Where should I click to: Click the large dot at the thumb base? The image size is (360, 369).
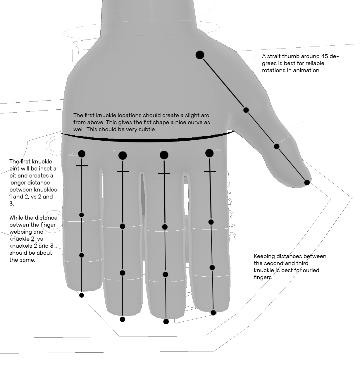[200, 55]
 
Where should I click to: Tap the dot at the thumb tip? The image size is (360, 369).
[307, 182]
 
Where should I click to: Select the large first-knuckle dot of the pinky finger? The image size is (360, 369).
[82, 154]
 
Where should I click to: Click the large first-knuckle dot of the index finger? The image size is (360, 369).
[209, 153]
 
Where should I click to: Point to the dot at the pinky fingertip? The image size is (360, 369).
[82, 295]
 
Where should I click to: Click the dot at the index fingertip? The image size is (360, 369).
[213, 313]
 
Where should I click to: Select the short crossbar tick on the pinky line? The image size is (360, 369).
[82, 166]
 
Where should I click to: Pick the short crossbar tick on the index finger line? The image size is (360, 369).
[210, 171]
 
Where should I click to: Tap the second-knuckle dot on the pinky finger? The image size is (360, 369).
[82, 215]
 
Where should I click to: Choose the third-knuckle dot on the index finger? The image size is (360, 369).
[212, 268]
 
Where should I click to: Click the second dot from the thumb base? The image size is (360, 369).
[246, 110]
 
